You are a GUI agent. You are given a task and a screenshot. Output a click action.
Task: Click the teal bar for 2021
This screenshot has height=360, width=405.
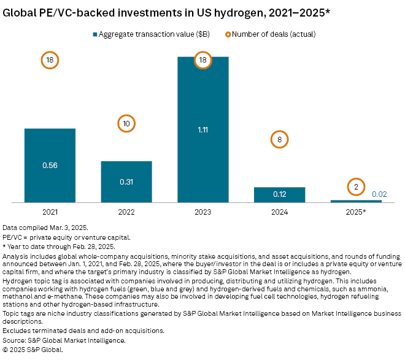50,165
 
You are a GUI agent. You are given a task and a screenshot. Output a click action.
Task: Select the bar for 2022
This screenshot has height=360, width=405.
126,182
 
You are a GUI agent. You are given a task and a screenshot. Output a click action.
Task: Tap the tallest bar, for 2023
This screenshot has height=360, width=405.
202,129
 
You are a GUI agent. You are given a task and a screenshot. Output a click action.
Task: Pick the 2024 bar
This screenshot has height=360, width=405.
279,194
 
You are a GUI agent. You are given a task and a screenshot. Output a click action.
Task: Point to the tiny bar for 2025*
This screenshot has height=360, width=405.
356,201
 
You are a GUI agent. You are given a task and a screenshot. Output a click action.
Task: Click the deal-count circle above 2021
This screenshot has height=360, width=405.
50,60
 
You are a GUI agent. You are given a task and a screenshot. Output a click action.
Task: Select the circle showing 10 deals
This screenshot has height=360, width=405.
126,124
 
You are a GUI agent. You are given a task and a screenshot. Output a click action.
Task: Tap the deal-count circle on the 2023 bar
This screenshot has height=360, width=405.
202,60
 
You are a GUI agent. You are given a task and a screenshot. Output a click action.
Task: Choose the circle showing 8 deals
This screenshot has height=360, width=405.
279,140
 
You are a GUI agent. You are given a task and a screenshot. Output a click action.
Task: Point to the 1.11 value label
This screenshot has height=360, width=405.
202,129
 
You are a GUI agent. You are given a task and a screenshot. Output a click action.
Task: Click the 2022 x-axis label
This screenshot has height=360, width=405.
126,212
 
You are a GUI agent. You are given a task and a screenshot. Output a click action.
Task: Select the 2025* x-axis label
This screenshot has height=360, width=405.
356,212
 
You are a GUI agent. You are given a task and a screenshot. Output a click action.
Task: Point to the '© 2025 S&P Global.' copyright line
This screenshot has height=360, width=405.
33,349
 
